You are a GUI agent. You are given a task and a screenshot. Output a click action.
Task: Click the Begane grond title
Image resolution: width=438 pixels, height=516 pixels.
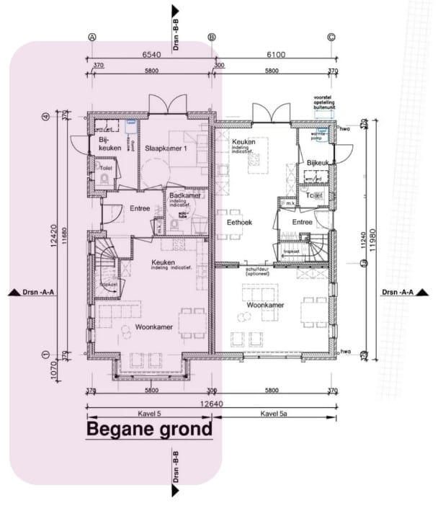tap(150, 430)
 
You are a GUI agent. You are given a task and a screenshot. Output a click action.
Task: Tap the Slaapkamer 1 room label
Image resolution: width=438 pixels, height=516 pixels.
tap(166, 148)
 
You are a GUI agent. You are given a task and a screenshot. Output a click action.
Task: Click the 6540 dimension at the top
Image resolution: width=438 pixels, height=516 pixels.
tap(151, 54)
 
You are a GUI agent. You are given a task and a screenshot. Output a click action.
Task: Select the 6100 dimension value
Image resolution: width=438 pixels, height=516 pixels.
tap(274, 54)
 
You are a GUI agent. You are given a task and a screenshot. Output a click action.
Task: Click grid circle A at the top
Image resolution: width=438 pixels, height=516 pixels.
tap(91, 37)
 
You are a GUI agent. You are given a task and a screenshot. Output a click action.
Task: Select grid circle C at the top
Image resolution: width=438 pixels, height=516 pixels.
tap(331, 37)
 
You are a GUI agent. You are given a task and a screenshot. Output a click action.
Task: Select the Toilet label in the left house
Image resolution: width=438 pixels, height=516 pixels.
tap(106, 167)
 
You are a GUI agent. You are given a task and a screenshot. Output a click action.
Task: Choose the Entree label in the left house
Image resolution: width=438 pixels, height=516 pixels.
tap(139, 209)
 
